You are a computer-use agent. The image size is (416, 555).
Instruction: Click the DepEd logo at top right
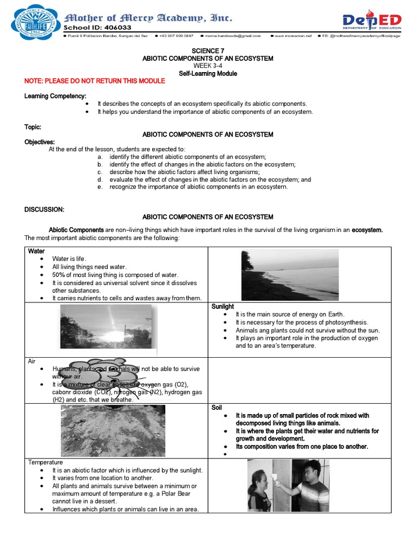click(x=372, y=22)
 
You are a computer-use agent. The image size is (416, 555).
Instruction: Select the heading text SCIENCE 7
click(x=207, y=51)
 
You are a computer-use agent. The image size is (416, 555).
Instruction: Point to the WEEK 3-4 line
click(x=207, y=66)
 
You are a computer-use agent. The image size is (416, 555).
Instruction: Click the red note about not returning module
click(x=95, y=81)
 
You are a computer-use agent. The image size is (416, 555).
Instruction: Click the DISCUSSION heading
click(x=44, y=209)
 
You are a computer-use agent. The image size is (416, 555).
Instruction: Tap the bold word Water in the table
click(x=36, y=251)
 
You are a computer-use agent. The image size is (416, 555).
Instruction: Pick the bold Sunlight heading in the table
click(x=223, y=307)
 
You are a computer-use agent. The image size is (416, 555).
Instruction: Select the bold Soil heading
click(x=217, y=407)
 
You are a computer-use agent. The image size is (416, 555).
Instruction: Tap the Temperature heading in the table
click(x=45, y=462)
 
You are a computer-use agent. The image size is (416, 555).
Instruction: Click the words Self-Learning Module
click(x=207, y=73)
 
